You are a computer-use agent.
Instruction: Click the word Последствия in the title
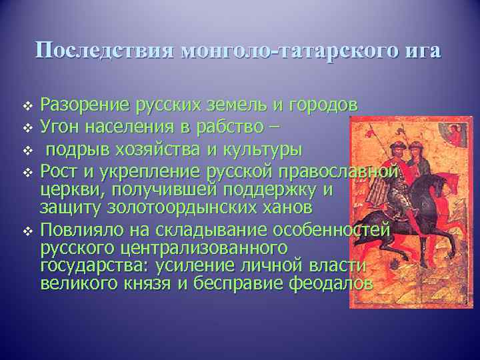[104, 51]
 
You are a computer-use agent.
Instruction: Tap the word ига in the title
[421, 51]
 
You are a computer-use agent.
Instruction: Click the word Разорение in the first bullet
[85, 105]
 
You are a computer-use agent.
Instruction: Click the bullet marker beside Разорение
[27, 106]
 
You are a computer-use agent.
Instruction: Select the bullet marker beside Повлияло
[27, 231]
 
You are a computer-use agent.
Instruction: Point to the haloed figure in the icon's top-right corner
[455, 133]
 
